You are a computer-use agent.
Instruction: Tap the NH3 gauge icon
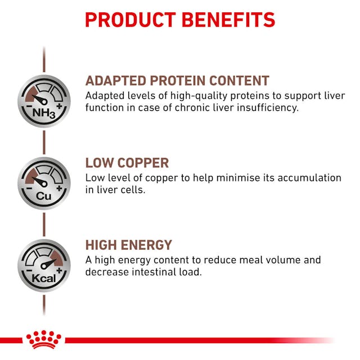tap(44, 101)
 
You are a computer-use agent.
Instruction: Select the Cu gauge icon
tap(44, 183)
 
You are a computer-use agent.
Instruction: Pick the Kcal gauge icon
tap(44, 265)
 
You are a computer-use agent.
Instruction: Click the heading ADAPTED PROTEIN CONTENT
tap(177, 80)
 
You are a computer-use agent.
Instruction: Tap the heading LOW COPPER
tap(127, 163)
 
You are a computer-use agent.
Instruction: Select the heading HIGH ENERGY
tap(128, 245)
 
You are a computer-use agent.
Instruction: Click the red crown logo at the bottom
tap(44, 340)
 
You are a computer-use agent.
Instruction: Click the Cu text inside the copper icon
tap(44, 195)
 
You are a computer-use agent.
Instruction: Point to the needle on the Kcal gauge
tap(48, 263)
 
